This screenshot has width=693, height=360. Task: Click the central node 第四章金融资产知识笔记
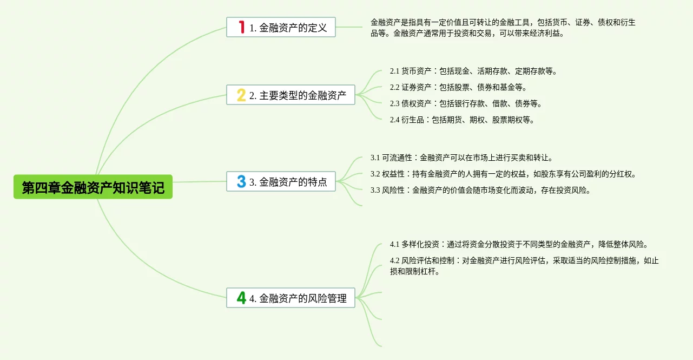(93, 187)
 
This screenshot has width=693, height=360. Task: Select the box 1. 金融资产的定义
(281, 27)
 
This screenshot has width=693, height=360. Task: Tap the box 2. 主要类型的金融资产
(291, 95)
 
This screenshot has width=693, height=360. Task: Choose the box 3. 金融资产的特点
(281, 181)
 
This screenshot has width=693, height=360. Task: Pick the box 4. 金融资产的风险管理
(291, 298)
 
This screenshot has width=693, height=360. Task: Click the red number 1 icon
(241, 27)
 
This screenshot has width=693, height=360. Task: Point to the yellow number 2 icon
(241, 95)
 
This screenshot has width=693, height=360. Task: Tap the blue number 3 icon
(241, 181)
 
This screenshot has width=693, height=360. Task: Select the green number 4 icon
(241, 298)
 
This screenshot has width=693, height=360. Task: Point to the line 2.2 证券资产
(458, 87)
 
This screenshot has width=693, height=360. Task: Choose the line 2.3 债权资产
(466, 103)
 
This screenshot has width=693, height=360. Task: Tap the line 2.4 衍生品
(462, 120)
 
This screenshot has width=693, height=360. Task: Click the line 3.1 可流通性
(461, 158)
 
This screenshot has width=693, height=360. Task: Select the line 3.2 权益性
(504, 174)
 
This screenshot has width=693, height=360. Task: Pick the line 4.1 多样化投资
(519, 244)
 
